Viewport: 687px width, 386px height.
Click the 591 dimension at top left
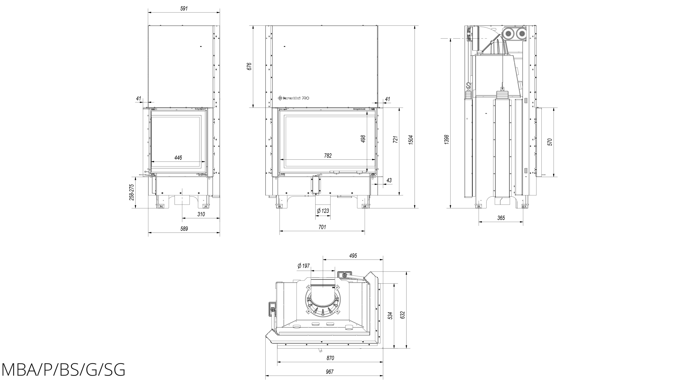184,9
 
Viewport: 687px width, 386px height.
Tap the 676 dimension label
249,66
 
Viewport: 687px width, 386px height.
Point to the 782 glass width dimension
328,156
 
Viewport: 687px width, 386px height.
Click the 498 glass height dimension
363,139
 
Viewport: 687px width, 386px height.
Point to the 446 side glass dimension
178,158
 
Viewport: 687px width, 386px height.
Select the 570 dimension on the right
550,142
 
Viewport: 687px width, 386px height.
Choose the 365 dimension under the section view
501,218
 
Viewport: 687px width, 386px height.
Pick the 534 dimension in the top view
390,316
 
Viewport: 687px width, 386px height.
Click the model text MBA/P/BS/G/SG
63,370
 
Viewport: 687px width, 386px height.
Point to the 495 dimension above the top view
353,256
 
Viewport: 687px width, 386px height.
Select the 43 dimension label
389,180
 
